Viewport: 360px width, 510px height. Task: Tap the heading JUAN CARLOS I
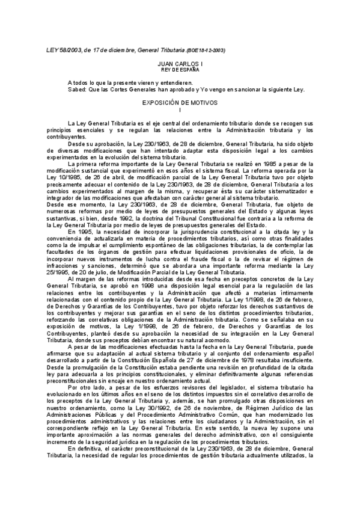point(180,63)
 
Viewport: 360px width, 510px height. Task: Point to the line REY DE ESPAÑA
point(180,69)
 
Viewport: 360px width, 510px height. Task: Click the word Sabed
point(78,88)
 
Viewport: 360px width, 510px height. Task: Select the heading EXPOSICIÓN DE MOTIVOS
point(180,103)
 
